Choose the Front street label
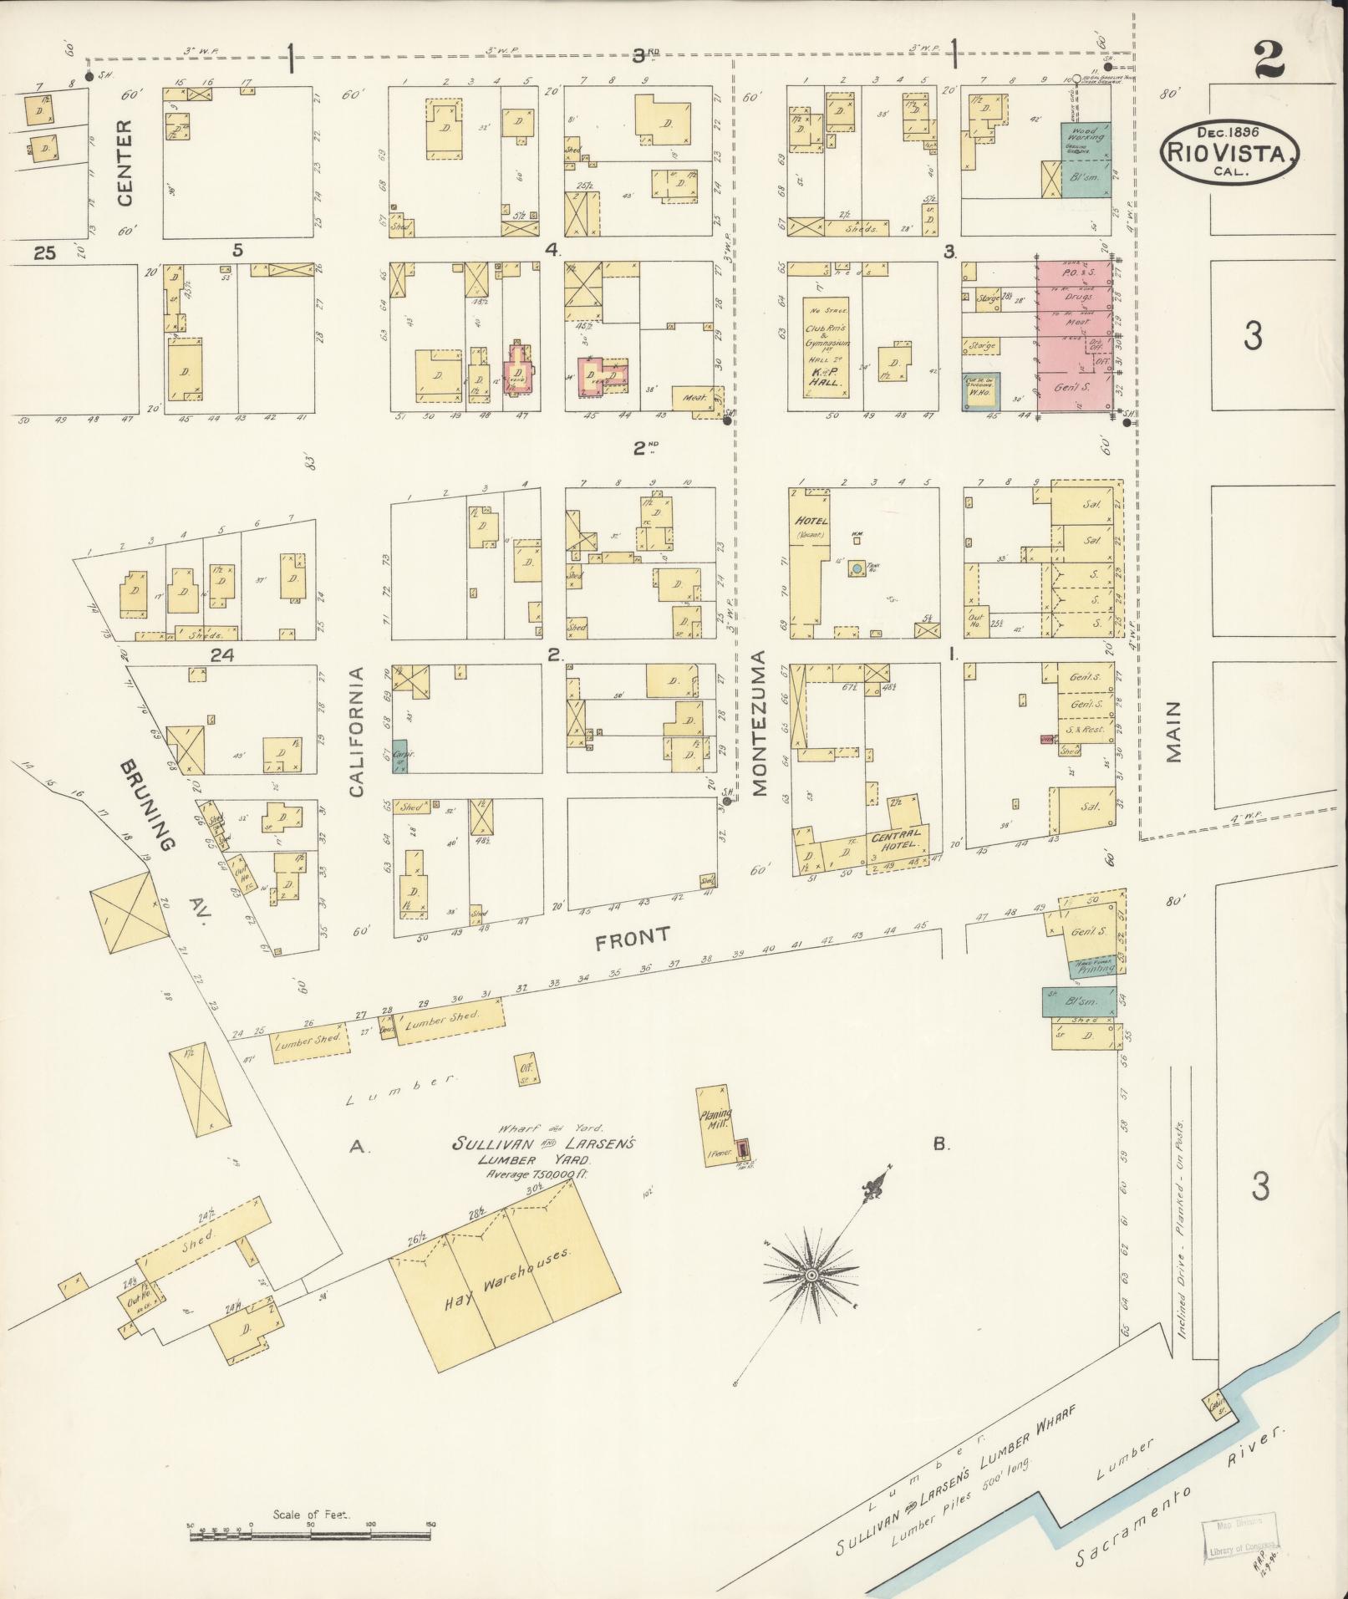point(633,937)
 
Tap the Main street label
point(1174,731)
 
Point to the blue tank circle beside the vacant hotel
point(856,568)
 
